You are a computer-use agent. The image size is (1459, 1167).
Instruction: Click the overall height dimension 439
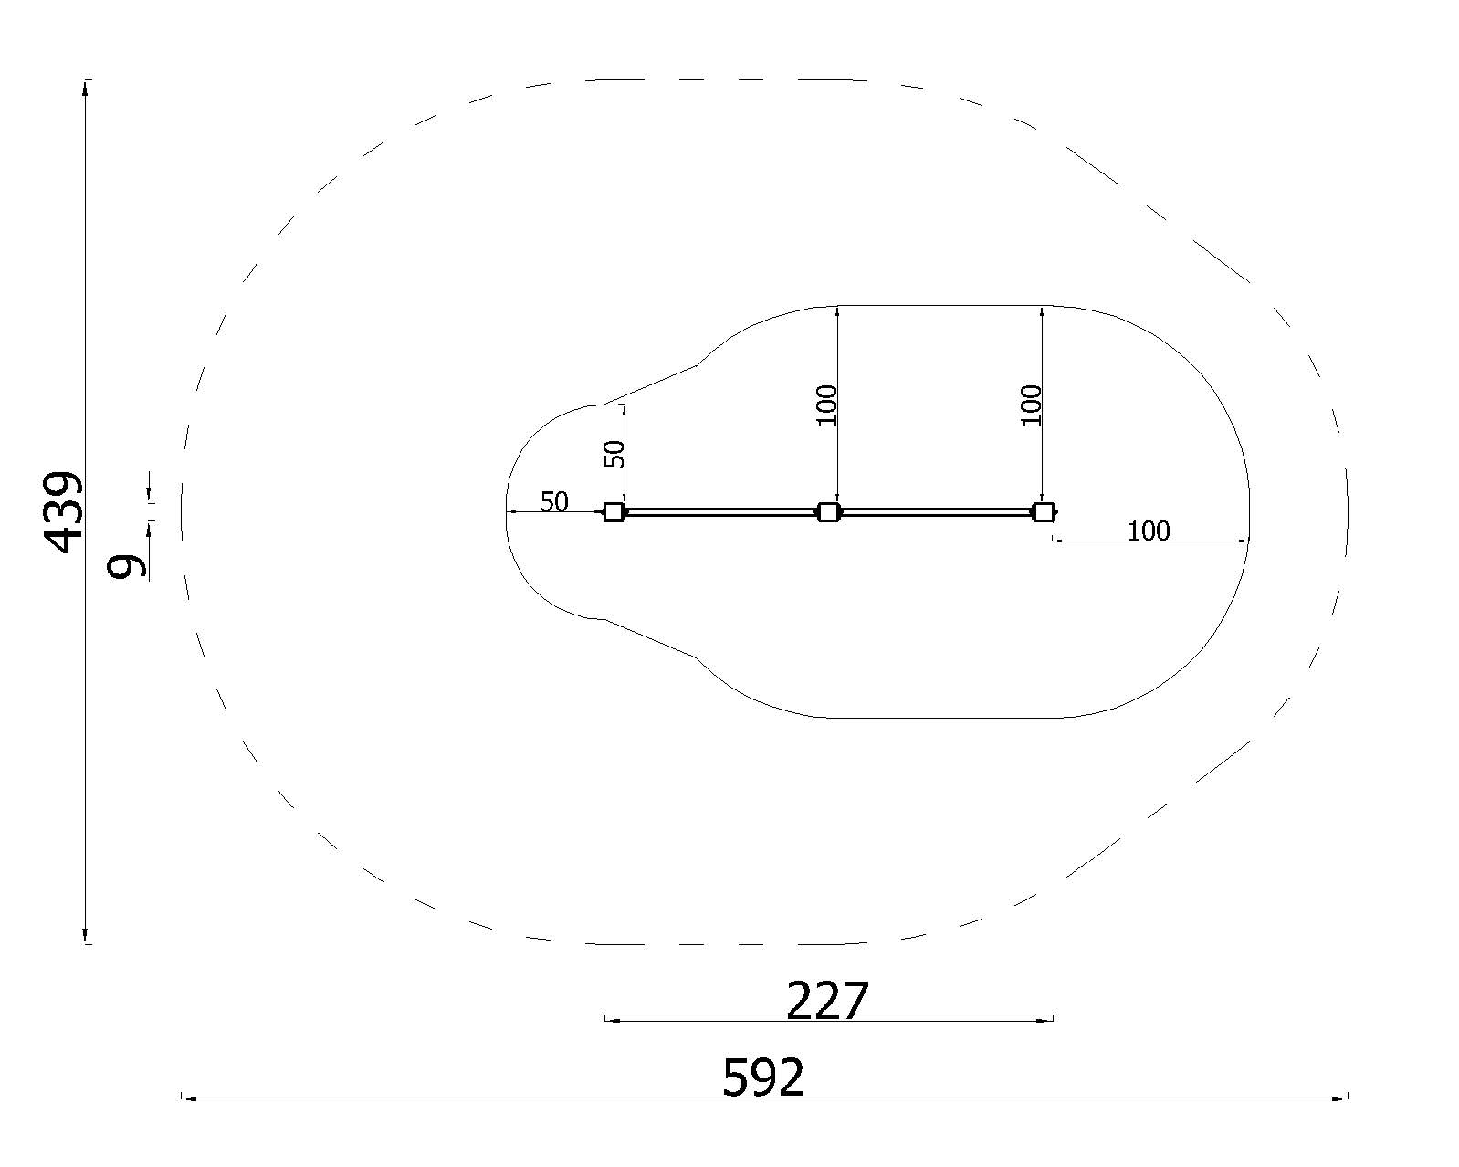click(63, 512)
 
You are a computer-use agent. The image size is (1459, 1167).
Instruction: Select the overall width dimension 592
click(763, 1077)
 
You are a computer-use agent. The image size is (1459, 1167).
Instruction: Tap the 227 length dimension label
click(827, 1001)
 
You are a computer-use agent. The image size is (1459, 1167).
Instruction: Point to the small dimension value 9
click(127, 565)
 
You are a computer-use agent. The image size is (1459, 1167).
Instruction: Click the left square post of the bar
click(614, 512)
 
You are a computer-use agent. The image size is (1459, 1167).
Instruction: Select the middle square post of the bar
click(828, 512)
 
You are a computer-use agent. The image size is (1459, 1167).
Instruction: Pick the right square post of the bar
click(1043, 512)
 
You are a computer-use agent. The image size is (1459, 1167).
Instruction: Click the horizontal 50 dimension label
click(554, 502)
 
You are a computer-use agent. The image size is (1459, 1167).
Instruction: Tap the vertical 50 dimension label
click(614, 454)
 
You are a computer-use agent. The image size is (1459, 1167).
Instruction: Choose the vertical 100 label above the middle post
click(827, 405)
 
